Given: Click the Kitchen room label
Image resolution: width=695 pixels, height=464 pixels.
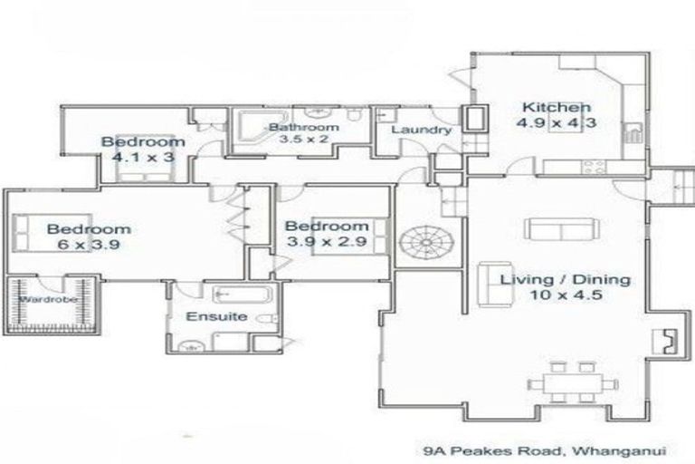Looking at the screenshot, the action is coord(557,108).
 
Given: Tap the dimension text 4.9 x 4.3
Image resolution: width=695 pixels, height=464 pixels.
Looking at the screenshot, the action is coord(557,122).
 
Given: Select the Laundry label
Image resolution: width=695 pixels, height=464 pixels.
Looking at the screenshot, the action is coord(421,130).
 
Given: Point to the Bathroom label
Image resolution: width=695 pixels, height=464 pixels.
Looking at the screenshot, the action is coord(304,128).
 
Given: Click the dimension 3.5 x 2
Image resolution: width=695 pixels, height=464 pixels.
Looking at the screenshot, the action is coord(304,139).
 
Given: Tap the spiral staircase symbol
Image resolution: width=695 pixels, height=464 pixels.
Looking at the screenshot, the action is coord(426,243).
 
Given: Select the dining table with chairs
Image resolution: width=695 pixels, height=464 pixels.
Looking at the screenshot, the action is coord(573,382).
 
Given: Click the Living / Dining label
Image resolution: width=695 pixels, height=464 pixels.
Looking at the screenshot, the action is coord(565,280).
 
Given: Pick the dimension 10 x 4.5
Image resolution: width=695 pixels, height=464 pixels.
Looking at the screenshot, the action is coord(566,295).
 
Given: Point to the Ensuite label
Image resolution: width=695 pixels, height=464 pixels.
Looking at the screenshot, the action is coord(216,316).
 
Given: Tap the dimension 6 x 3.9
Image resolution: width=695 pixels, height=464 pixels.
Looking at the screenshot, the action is coord(89,245).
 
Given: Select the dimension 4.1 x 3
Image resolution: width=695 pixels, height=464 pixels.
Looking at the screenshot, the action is coord(144,157).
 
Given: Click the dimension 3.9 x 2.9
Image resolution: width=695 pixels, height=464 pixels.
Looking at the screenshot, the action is coord(327,242).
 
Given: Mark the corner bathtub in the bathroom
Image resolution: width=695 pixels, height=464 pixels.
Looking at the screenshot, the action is coord(254,131).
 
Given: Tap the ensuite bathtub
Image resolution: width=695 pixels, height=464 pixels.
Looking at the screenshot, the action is coord(242,295).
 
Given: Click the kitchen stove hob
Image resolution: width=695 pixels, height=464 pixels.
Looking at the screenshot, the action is coord(594,167).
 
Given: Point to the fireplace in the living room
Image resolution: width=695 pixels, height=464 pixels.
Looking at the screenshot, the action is coord(665,342).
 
